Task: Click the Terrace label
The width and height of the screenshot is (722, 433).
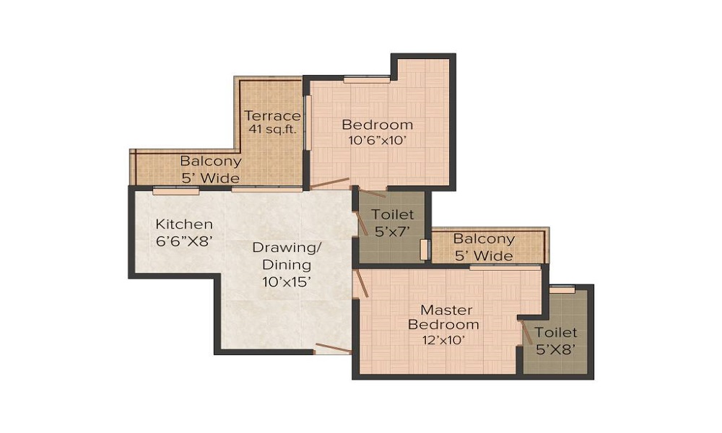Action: point(271,115)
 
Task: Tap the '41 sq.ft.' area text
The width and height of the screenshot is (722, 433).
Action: point(271,130)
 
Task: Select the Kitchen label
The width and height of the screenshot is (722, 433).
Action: point(184,224)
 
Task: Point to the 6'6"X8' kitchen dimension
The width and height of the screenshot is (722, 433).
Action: point(184,241)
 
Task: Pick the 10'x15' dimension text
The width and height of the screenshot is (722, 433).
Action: point(287,282)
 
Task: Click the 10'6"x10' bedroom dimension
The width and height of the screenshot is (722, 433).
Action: point(377,141)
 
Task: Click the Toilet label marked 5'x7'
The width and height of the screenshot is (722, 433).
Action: point(393,214)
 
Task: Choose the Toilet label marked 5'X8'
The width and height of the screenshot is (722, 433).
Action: point(556,333)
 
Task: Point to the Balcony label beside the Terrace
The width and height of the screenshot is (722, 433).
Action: point(210,161)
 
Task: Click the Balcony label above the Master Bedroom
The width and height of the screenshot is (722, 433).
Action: point(484,239)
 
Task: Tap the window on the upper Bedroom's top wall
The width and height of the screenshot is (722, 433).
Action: point(367,79)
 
